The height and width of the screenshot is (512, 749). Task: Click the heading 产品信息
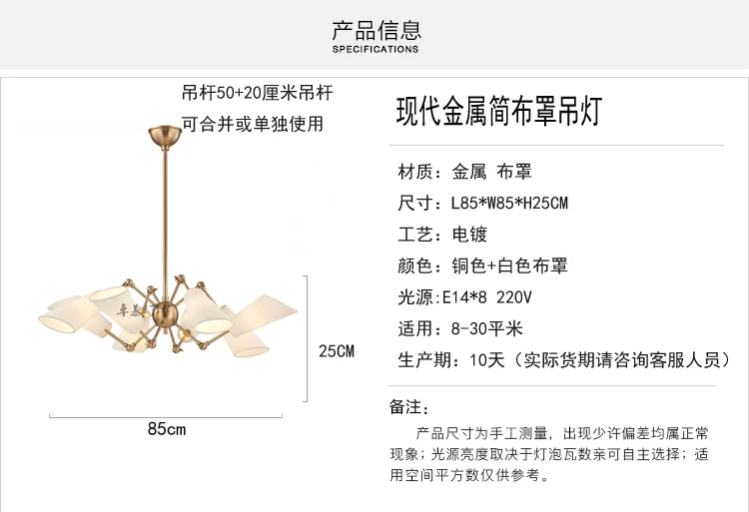(x=375, y=29)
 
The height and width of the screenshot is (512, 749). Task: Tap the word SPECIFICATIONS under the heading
(x=375, y=49)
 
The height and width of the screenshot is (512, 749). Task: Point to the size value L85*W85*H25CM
(x=509, y=204)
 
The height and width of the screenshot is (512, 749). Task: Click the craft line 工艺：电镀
(x=442, y=235)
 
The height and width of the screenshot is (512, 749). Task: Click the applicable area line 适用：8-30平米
(x=460, y=328)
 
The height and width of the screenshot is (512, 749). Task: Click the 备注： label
(x=408, y=407)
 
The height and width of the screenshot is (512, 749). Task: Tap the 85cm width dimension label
(x=167, y=429)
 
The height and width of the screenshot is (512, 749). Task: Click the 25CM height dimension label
(x=337, y=350)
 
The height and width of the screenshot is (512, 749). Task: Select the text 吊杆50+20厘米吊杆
(x=257, y=94)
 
